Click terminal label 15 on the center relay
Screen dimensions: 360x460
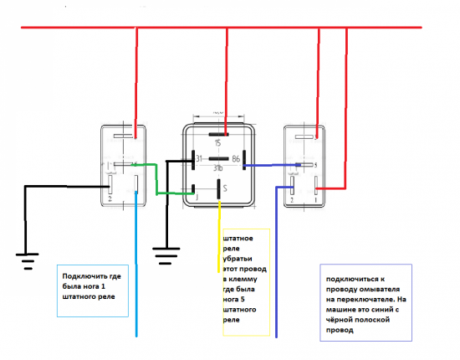[219, 142]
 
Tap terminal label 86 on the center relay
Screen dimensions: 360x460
[237, 158]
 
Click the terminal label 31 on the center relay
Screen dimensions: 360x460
[199, 158]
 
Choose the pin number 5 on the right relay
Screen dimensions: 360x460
[314, 165]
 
